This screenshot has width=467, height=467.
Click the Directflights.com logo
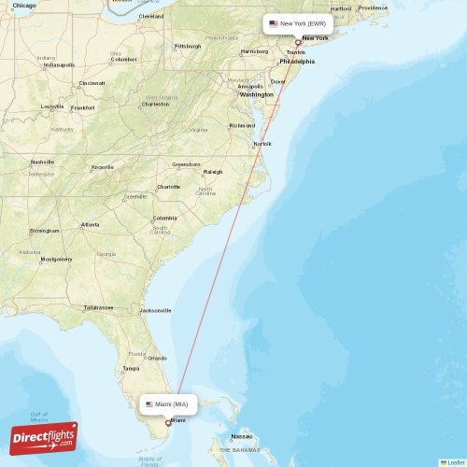(44, 437)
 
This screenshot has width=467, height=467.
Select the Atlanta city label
(91, 224)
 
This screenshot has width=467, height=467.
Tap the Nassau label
(242, 436)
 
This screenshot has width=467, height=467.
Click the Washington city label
(256, 94)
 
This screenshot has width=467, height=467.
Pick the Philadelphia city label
(297, 62)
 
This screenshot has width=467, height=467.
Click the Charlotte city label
(168, 187)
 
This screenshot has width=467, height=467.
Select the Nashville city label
(42, 162)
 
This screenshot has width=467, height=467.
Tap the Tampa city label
(131, 368)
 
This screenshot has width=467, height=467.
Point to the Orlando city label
(156, 358)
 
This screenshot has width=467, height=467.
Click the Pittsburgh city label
(187, 46)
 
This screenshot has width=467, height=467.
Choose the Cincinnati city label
(92, 83)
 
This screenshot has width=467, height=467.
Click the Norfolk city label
(262, 144)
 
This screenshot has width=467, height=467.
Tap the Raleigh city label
(213, 172)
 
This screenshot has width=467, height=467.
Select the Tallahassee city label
(99, 307)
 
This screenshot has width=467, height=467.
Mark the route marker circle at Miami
(168, 423)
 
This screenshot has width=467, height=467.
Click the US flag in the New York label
(274, 23)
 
